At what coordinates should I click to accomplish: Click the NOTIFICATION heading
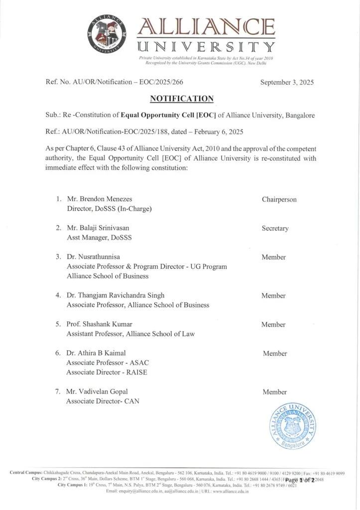point(182,99)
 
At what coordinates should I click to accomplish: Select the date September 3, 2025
point(287,83)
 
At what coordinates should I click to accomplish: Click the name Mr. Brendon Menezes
point(99,199)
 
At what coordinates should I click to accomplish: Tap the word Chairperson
point(279,199)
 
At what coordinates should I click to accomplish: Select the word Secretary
point(275,228)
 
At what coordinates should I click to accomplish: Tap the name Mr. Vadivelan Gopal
point(97,391)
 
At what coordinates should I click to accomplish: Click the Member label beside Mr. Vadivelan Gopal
point(274,392)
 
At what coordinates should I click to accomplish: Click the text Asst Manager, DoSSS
point(99,238)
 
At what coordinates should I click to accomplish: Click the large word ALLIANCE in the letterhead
point(206,27)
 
